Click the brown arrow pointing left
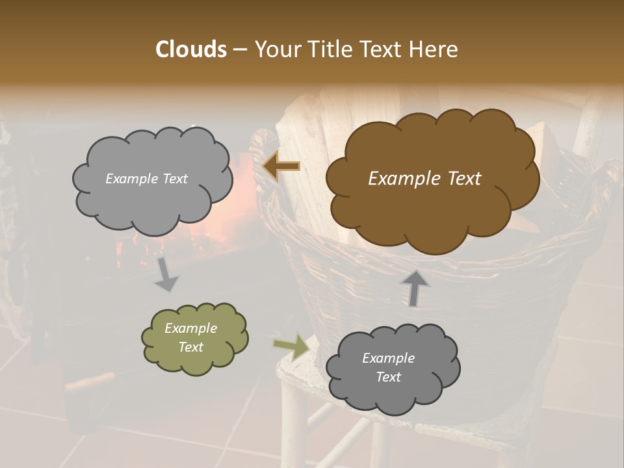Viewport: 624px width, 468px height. (x=281, y=166)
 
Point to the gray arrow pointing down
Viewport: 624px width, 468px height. (x=166, y=274)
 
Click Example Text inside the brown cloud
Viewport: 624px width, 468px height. (x=424, y=179)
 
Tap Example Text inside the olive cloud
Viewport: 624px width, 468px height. (x=191, y=338)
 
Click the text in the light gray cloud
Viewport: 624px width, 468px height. (x=146, y=179)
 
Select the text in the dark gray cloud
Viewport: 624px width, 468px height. (x=389, y=368)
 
